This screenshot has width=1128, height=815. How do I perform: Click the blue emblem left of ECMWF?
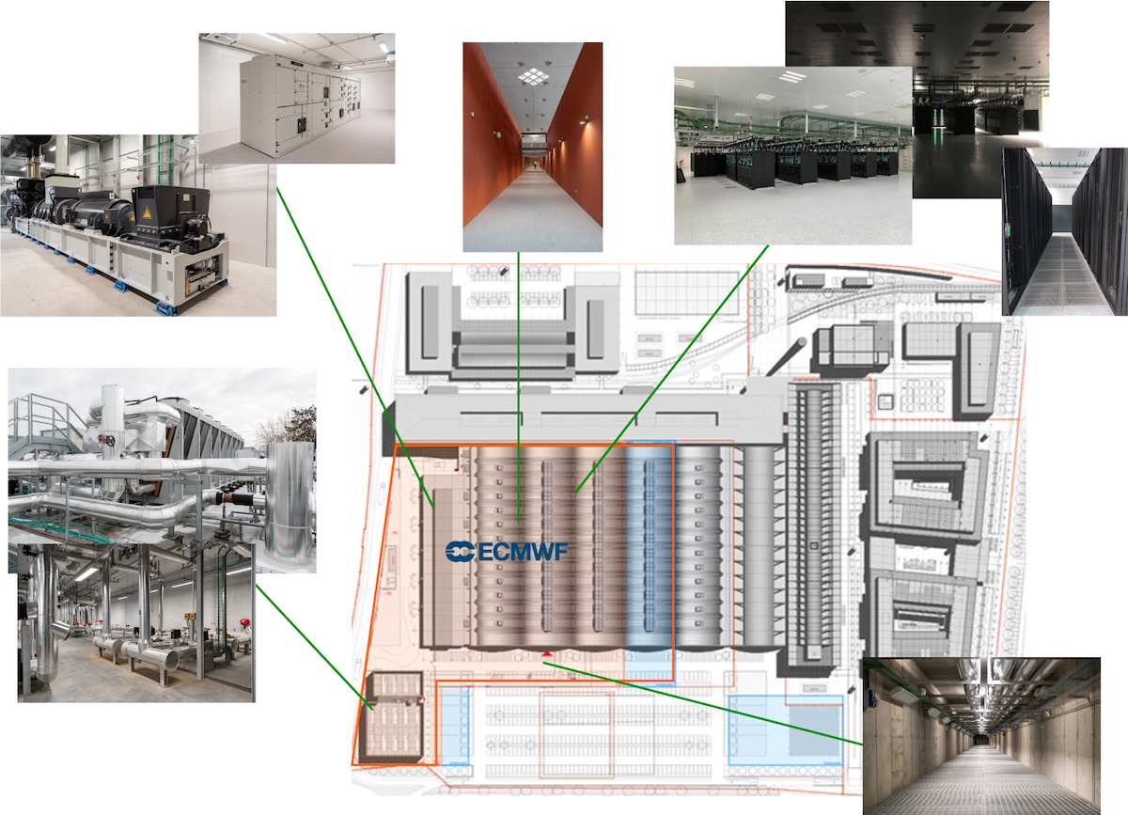(x=461, y=552)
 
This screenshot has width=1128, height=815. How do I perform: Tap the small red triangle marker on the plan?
(x=546, y=654)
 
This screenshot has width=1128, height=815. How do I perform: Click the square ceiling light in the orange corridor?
(x=532, y=77)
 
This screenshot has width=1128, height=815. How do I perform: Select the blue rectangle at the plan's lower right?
(x=785, y=729)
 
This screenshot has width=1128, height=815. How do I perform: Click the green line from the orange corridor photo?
(x=518, y=376)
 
